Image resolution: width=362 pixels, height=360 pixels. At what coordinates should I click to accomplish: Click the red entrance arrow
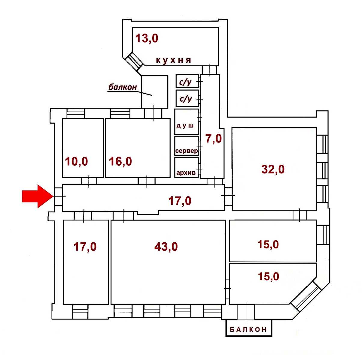38,196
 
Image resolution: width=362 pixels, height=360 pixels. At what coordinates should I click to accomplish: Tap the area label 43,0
166,247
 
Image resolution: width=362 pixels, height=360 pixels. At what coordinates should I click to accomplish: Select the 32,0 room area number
273,169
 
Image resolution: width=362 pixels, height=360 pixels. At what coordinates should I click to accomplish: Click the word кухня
174,60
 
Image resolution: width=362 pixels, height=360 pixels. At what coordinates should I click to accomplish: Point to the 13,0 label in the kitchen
147,38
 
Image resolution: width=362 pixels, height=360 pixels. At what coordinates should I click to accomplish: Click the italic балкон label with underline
123,87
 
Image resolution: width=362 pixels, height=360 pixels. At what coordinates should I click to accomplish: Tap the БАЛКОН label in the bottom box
248,329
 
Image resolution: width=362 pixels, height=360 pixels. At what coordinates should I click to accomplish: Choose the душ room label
185,125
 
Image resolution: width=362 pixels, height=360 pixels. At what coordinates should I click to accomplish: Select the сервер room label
186,151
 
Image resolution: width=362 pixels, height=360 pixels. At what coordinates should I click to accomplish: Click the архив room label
186,172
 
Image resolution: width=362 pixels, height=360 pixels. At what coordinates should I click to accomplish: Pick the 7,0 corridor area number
214,139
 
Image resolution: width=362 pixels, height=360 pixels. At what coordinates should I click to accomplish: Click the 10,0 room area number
77,161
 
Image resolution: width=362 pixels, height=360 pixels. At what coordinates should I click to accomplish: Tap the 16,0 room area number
120,161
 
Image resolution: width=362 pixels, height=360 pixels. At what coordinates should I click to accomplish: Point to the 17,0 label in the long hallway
180,201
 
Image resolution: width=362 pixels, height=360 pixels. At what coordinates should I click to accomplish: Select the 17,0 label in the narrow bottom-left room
85,247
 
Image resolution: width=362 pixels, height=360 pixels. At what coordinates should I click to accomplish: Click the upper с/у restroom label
185,82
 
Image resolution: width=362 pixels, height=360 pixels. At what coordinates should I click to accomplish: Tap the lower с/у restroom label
186,99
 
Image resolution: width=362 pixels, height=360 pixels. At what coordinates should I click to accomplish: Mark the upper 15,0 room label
268,244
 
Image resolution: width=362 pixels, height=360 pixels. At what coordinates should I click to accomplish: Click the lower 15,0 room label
269,276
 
